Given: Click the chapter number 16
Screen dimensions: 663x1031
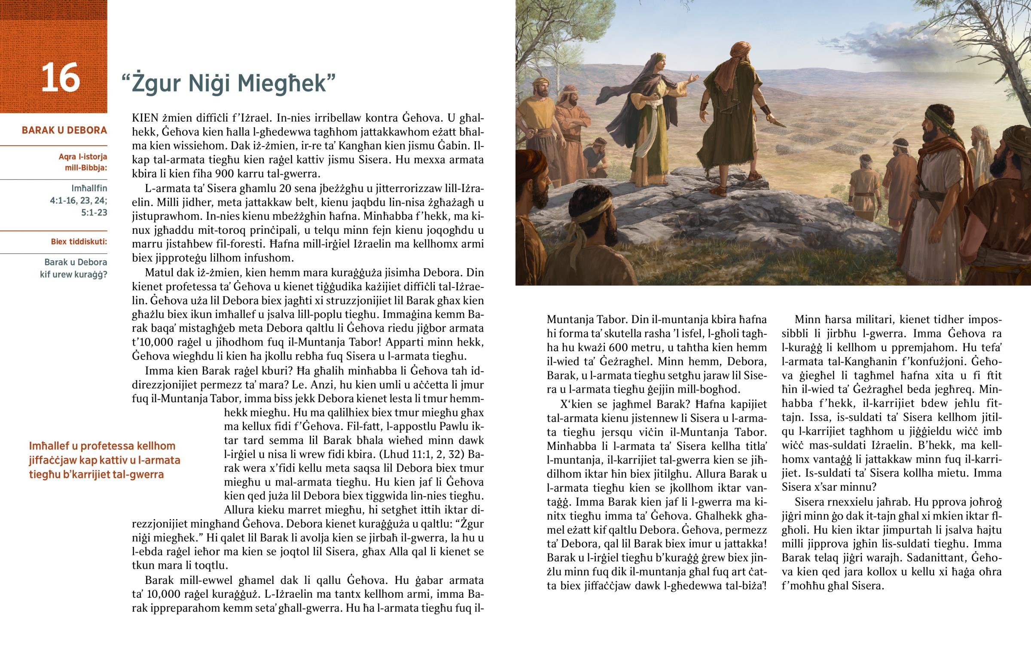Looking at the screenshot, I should point(60,78).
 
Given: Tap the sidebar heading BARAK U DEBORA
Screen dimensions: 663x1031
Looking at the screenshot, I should point(64,130).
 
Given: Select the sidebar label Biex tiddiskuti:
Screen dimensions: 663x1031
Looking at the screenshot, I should point(79,241).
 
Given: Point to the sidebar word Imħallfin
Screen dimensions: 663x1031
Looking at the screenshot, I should point(89,188).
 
